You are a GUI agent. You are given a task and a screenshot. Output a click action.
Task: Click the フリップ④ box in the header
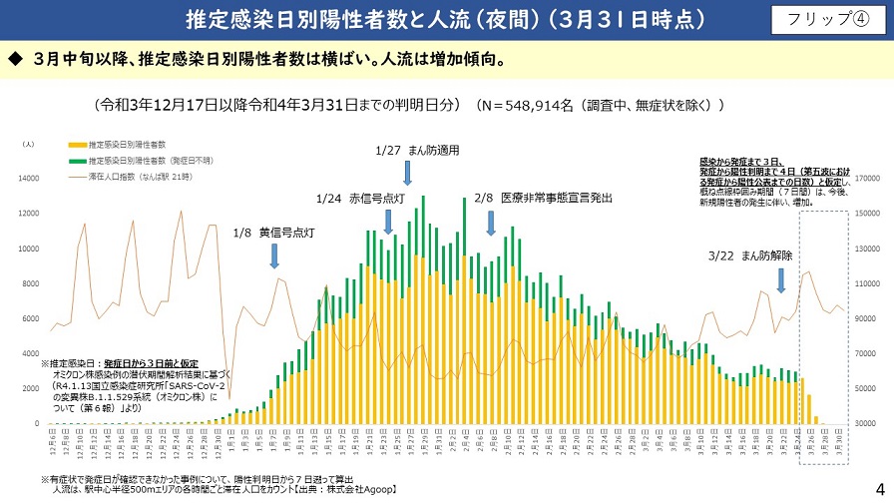[x=826, y=20]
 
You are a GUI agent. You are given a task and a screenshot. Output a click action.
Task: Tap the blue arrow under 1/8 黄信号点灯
[x=274, y=257]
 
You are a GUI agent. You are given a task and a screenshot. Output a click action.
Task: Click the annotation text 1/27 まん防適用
[x=416, y=151]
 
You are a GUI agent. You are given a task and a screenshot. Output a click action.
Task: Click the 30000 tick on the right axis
[x=866, y=424]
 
